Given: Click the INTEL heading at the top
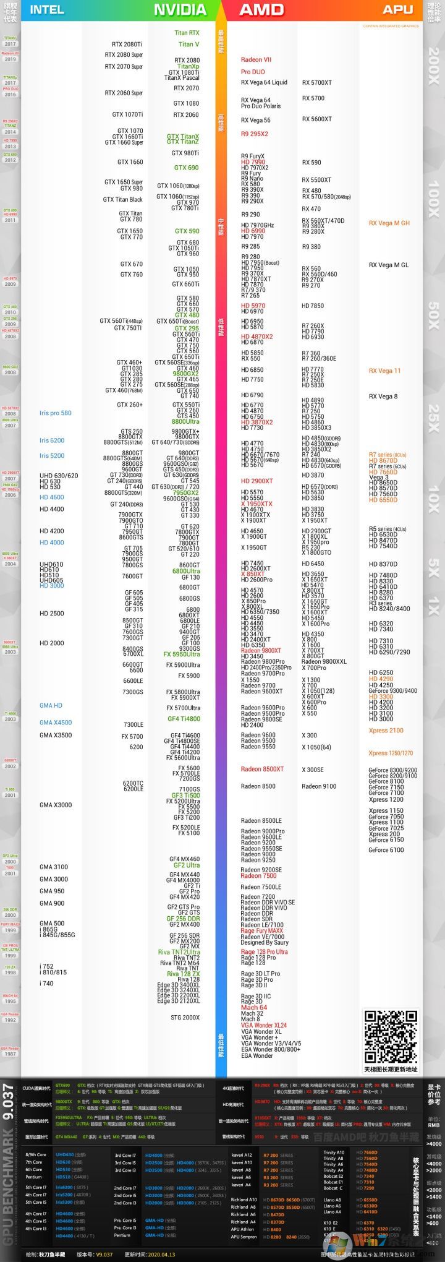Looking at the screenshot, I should [47, 9].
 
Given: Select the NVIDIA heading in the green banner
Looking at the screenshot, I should [180, 9].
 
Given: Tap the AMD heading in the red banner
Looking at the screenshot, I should [261, 9].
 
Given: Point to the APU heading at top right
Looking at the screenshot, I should [397, 9].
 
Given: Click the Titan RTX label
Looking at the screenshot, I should [187, 33].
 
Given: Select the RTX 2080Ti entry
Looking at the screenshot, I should [127, 45].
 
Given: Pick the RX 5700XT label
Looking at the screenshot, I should [316, 82].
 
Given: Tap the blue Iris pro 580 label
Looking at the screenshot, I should [56, 413].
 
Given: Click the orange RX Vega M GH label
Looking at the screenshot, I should [389, 223].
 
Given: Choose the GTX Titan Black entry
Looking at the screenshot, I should [122, 199].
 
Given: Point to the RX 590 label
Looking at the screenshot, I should [311, 162].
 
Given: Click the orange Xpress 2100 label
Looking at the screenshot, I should [386, 731].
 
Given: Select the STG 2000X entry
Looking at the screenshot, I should [185, 1017].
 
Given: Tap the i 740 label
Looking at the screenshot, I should [46, 983].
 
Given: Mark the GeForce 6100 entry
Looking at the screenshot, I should [386, 850].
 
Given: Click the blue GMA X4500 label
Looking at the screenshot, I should [56, 722].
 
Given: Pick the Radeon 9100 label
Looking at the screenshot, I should [319, 786].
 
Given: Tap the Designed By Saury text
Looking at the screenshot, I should [265, 942].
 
